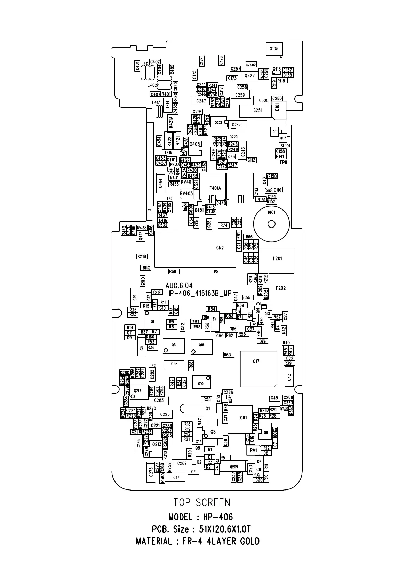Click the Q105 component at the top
(274, 49)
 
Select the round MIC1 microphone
(271, 224)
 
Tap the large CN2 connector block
(195, 249)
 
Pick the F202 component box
(281, 291)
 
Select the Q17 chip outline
(258, 369)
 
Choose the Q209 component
(234, 467)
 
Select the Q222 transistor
(250, 76)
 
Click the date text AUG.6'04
(179, 286)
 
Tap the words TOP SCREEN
(202, 502)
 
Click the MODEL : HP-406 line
(200, 517)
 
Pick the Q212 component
(138, 392)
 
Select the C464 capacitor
(160, 183)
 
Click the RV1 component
(254, 451)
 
